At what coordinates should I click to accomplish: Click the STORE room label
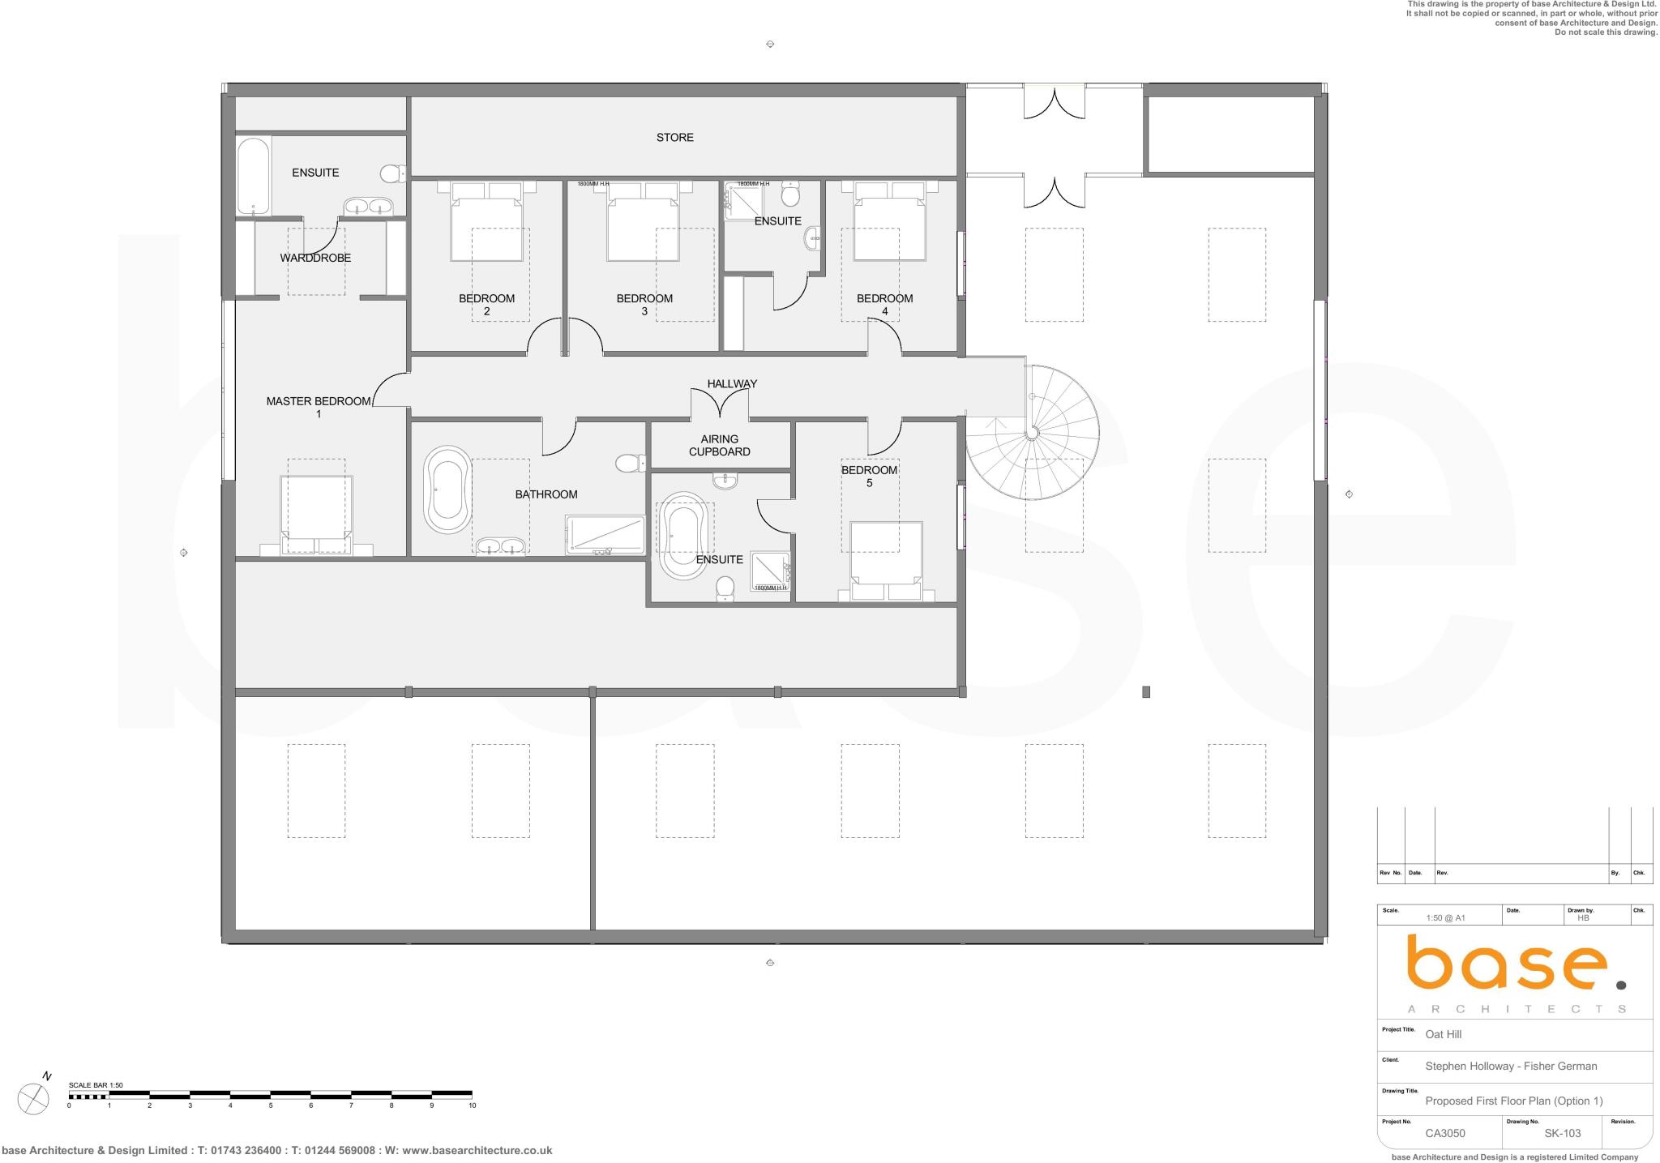pos(674,138)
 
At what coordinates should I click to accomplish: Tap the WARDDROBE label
pos(315,258)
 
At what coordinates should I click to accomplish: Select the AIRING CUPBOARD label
pos(719,446)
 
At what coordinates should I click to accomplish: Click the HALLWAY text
pos(732,383)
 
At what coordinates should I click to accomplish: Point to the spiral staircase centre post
pos(1032,434)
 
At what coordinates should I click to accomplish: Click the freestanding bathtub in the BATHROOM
pos(447,489)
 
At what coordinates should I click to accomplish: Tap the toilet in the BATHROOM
pos(628,463)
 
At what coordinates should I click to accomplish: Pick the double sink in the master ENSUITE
pos(369,207)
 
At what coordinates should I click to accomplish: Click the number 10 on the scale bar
pos(472,1105)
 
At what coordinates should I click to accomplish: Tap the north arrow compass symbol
pos(33,1098)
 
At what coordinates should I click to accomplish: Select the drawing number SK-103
pos(1562,1133)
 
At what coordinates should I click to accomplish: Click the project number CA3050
pos(1444,1133)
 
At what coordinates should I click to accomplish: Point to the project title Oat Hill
pos(1443,1034)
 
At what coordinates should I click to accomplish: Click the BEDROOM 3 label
pos(644,304)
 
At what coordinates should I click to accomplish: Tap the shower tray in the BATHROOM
pos(605,536)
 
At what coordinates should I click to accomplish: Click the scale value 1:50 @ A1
pos(1445,918)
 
